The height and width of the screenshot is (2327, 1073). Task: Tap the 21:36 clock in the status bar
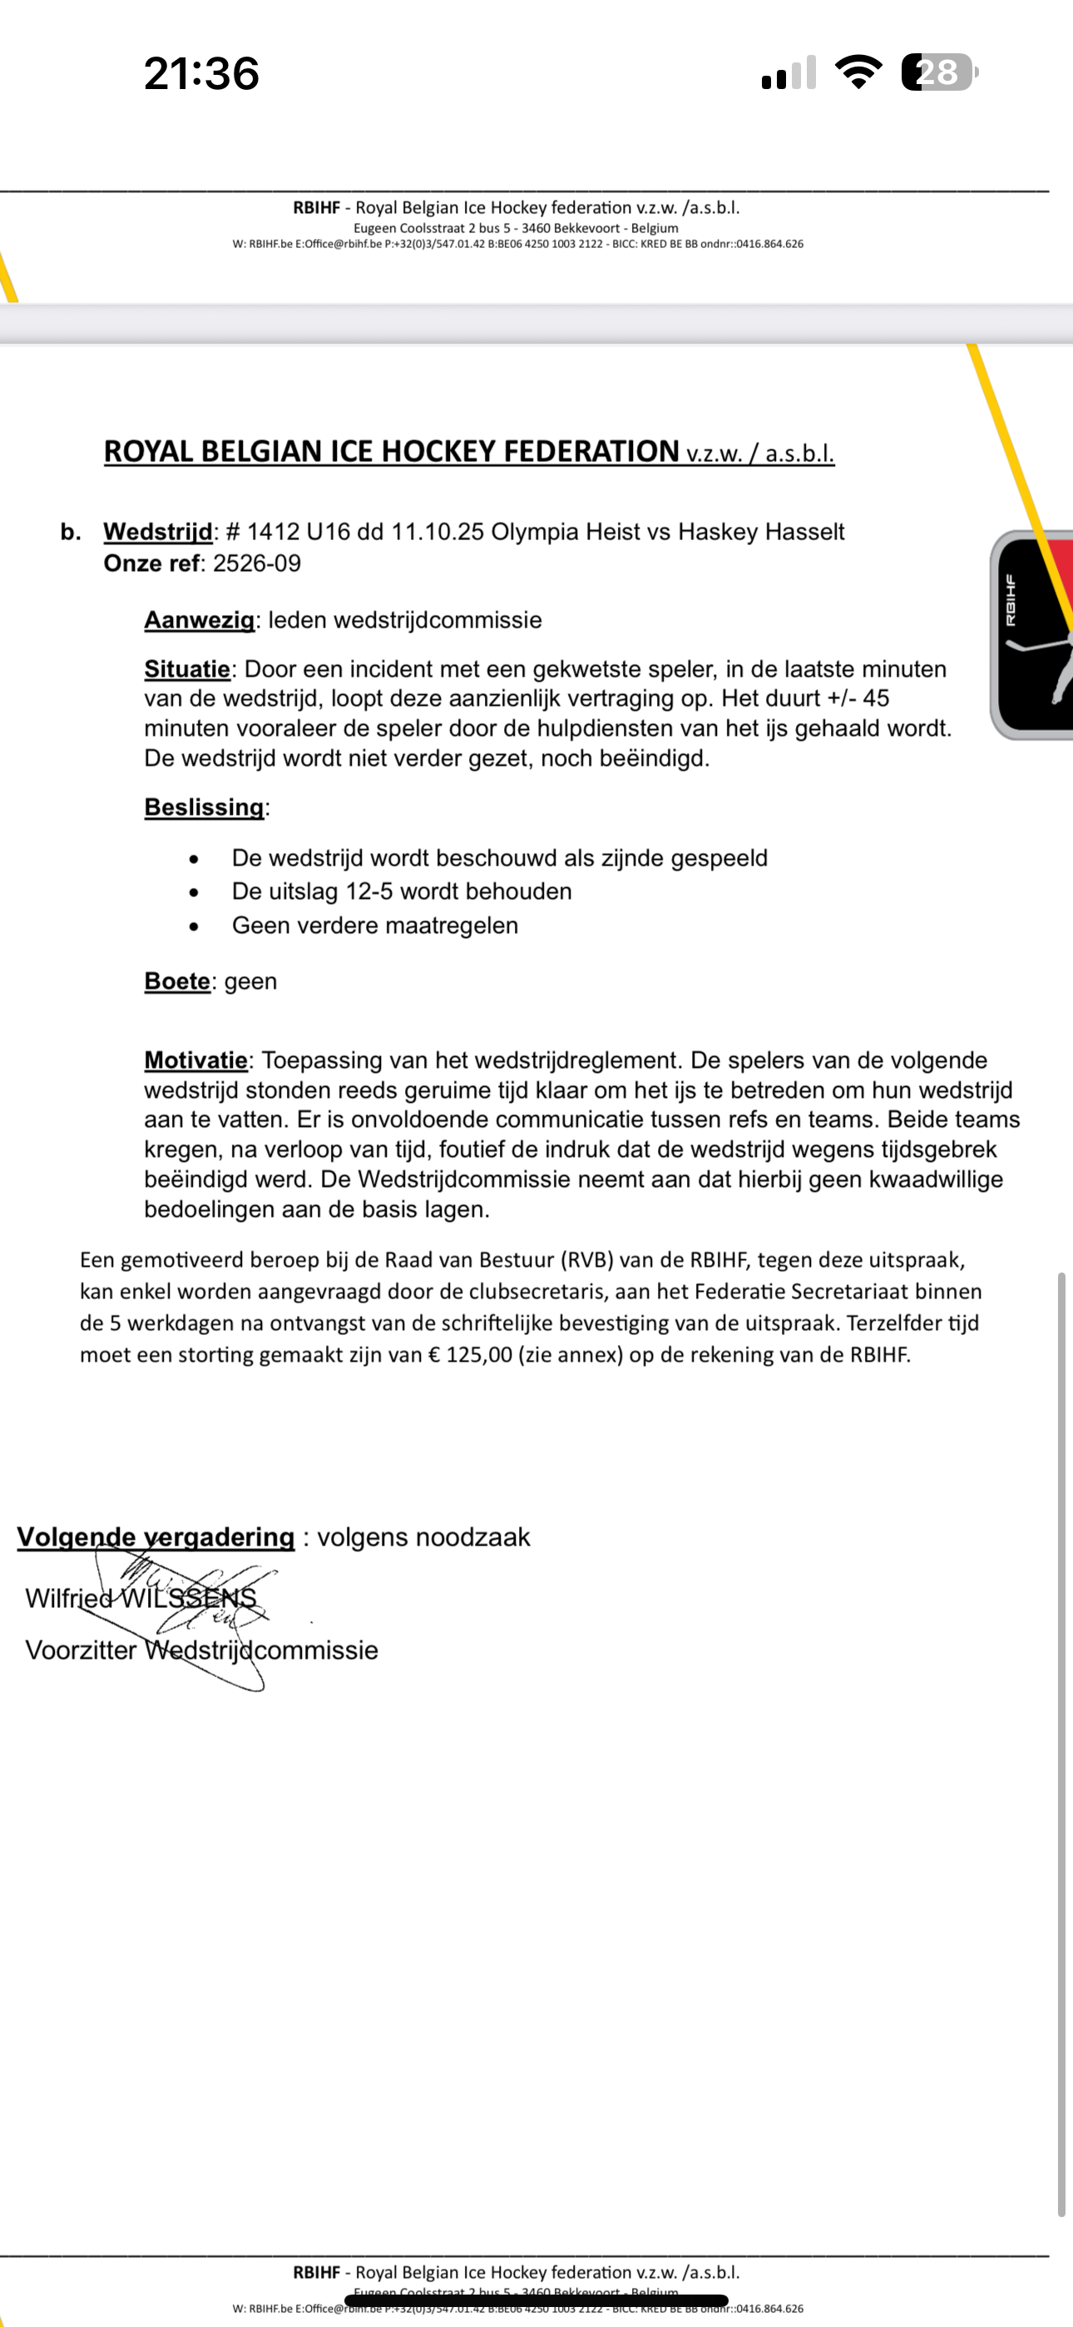pyautogui.click(x=201, y=73)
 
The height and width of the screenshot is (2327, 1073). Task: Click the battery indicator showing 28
pyautogui.click(x=939, y=72)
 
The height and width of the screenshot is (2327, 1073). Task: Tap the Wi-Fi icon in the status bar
pyautogui.click(x=859, y=72)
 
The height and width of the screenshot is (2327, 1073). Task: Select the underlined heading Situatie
pyautogui.click(x=187, y=668)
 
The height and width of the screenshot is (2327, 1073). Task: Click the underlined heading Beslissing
pyautogui.click(x=204, y=806)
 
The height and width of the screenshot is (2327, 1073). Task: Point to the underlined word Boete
pyautogui.click(x=177, y=981)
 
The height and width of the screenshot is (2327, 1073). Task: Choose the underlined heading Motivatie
pyautogui.click(x=195, y=1059)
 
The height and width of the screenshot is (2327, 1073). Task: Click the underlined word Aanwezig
pyautogui.click(x=199, y=620)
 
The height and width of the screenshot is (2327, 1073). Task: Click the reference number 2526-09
pyautogui.click(x=256, y=563)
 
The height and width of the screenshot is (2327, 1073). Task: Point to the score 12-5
pyautogui.click(x=368, y=891)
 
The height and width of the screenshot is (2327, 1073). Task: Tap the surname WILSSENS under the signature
pyautogui.click(x=189, y=1597)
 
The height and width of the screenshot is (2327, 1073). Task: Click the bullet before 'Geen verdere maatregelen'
pyautogui.click(x=193, y=926)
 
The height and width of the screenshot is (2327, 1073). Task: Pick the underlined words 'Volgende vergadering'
pyautogui.click(x=156, y=1536)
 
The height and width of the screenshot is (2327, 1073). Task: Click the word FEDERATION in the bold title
pyautogui.click(x=591, y=451)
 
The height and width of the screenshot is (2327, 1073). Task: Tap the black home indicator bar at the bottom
pyautogui.click(x=536, y=2300)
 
